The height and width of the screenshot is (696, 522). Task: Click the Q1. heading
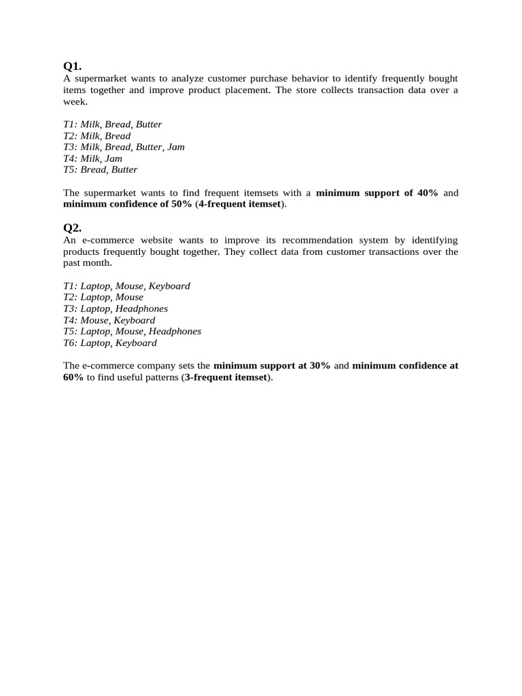point(72,66)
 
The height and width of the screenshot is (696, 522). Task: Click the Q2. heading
point(72,228)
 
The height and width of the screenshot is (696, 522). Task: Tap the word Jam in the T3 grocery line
point(175,147)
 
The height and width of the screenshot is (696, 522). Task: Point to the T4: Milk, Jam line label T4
point(69,158)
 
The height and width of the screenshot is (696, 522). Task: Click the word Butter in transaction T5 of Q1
point(124,170)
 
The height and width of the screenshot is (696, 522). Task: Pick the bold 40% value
point(428,193)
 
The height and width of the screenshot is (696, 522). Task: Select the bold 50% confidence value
point(181,205)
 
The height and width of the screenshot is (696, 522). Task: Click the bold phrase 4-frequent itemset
point(239,205)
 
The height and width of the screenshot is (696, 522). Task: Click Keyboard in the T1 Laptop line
point(169,286)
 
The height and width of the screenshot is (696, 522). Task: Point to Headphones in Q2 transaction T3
point(141,309)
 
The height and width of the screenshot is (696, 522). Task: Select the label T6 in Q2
point(69,343)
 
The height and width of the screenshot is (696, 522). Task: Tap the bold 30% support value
point(319,366)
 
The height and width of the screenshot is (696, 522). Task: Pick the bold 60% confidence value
point(73,377)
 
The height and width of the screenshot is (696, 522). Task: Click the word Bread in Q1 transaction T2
point(118,136)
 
